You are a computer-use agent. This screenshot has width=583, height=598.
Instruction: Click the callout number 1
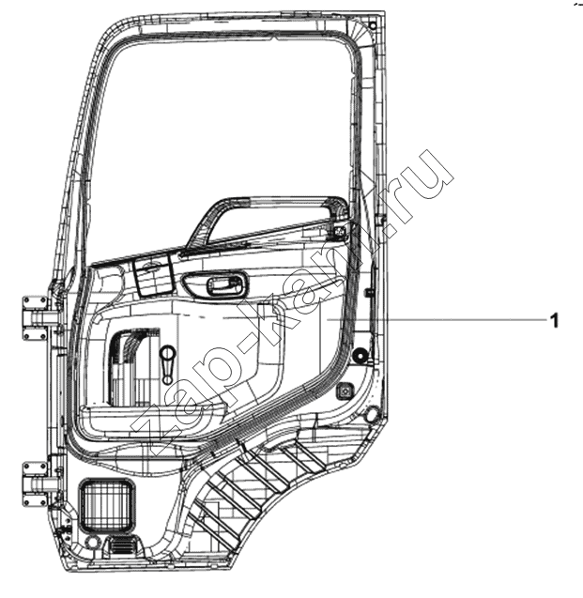tap(555, 320)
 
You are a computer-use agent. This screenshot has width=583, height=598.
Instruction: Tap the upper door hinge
tap(36, 318)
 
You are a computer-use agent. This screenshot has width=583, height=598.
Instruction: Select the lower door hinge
tap(36, 484)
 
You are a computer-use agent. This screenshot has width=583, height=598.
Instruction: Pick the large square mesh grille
tap(107, 506)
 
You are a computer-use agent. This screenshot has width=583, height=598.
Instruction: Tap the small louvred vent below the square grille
tap(122, 546)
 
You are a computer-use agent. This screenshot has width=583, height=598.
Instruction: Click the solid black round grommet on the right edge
tap(360, 356)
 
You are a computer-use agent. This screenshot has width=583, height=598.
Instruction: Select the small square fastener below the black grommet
tap(345, 391)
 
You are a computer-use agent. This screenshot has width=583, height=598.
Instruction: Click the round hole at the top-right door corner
tap(373, 26)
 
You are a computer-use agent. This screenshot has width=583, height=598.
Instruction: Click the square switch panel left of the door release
tap(152, 275)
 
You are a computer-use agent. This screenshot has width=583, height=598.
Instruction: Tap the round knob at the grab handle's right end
tap(339, 231)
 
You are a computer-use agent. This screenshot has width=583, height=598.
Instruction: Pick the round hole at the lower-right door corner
tap(372, 415)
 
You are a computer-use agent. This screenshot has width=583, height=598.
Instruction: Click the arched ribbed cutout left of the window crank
tap(131, 365)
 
